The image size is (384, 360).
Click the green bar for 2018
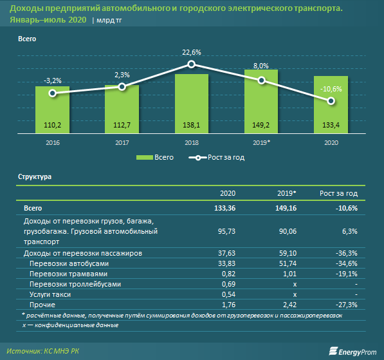point(192,104)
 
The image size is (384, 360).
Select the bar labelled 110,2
point(52,109)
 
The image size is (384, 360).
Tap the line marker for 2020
point(331,101)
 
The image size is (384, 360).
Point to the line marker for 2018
point(192,64)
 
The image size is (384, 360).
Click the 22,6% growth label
point(192,52)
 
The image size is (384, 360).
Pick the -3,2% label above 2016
point(52,81)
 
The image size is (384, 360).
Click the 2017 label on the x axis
point(122,143)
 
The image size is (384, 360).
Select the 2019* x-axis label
point(261,143)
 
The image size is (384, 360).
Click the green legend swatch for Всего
point(145,157)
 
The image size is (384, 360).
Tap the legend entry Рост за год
point(217,157)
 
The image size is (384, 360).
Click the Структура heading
point(35,177)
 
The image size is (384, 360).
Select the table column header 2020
point(228,193)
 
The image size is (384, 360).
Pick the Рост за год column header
point(338,193)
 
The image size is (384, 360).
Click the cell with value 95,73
point(226,231)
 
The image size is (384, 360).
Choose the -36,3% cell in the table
point(347,253)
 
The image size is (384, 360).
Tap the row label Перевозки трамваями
point(69,274)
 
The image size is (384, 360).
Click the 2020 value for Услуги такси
point(228,294)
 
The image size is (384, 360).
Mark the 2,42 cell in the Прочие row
point(289,305)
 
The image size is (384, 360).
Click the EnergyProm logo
point(352,352)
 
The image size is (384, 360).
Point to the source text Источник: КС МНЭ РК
point(43,351)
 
